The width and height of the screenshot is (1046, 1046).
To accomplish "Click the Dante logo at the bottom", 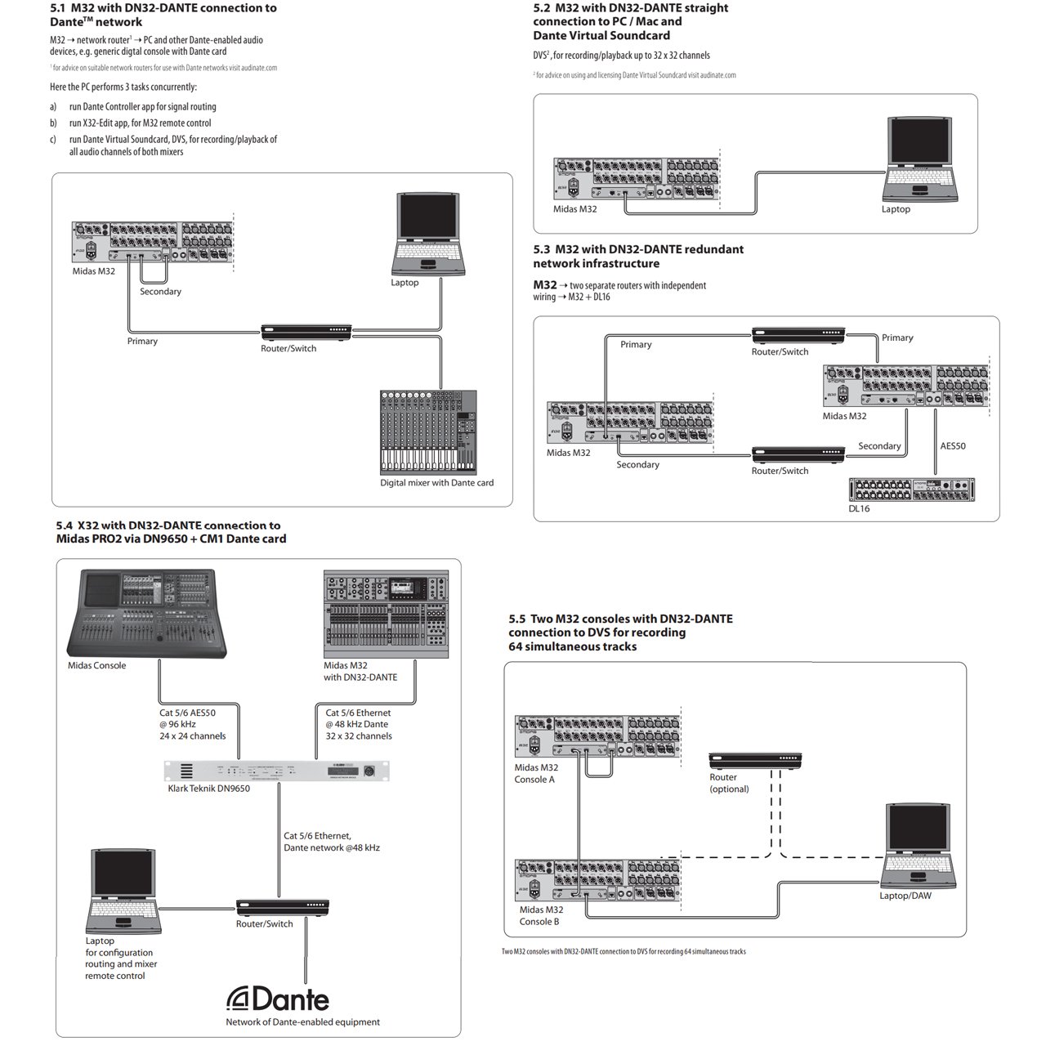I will pos(279,999).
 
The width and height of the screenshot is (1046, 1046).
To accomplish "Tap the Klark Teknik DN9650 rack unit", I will pos(276,771).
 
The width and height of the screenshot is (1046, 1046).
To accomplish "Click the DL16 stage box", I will pos(911,489).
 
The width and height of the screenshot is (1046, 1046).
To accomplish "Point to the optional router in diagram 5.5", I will pos(756,760).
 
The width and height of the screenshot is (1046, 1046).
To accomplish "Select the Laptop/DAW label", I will pos(905,896).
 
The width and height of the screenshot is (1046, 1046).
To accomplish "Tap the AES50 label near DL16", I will pos(953,446).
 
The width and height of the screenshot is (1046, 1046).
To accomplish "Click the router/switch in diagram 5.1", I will pos(306,332).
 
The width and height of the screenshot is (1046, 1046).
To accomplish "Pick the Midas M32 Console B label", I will pos(540,915).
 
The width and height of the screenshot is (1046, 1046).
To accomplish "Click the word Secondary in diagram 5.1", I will pos(160,292).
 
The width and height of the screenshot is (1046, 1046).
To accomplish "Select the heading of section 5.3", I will pos(638,256).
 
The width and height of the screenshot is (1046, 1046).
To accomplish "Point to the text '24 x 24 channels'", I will pos(193,736).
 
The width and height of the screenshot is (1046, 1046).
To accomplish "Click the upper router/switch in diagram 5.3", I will pos(798,334).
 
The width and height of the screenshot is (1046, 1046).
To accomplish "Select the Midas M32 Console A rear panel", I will pos(597,740).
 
